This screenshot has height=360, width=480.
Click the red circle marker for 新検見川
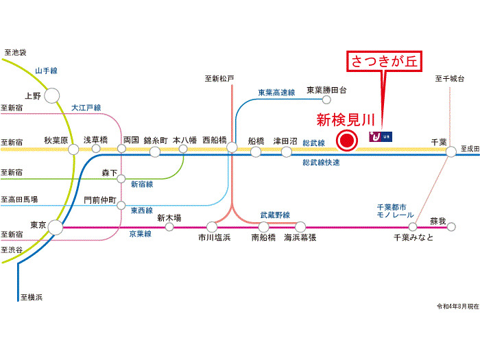click(347, 142)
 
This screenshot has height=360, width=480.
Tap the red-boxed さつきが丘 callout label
click(383, 62)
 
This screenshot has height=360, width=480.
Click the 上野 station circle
click(52, 96)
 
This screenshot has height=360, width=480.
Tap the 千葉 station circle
click(451, 152)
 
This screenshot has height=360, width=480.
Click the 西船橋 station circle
click(232, 147)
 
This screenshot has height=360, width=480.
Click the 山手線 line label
click(46, 70)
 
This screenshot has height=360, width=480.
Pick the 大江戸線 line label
click(86, 108)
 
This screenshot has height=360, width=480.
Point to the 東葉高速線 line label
click(276, 92)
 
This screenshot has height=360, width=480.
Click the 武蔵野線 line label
click(274, 215)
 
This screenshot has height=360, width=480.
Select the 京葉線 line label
click(141, 234)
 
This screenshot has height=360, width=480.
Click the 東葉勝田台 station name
click(327, 90)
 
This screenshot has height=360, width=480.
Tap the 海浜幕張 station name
click(300, 237)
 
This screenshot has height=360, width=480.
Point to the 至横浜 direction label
click(32, 297)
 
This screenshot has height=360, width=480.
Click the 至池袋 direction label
click(15, 52)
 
